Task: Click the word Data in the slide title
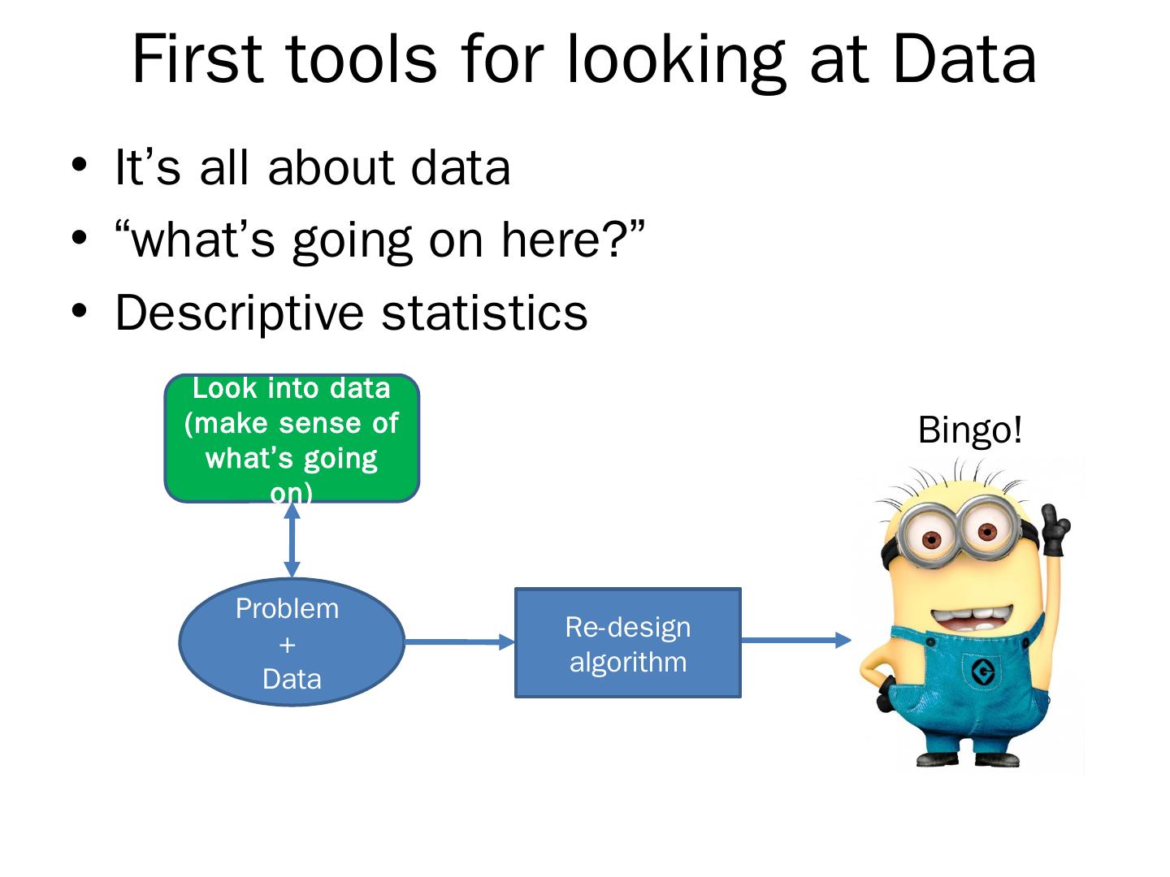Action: pyautogui.click(x=964, y=58)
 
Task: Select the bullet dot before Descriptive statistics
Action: pyautogui.click(x=79, y=310)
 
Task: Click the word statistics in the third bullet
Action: pyautogui.click(x=484, y=313)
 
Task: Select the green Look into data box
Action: pyautogui.click(x=292, y=438)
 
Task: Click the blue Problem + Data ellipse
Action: pyautogui.click(x=292, y=642)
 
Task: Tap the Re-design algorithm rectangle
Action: pyautogui.click(x=628, y=642)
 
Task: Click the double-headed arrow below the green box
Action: pyautogui.click(x=292, y=540)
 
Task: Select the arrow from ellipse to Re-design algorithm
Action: pyautogui.click(x=460, y=642)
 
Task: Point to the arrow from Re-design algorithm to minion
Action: pyautogui.click(x=796, y=640)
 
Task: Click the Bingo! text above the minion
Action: pyautogui.click(x=969, y=430)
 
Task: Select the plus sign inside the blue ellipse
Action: pyautogui.click(x=288, y=645)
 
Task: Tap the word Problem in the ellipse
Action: pyautogui.click(x=288, y=609)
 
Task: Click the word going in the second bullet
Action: pyautogui.click(x=353, y=242)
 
